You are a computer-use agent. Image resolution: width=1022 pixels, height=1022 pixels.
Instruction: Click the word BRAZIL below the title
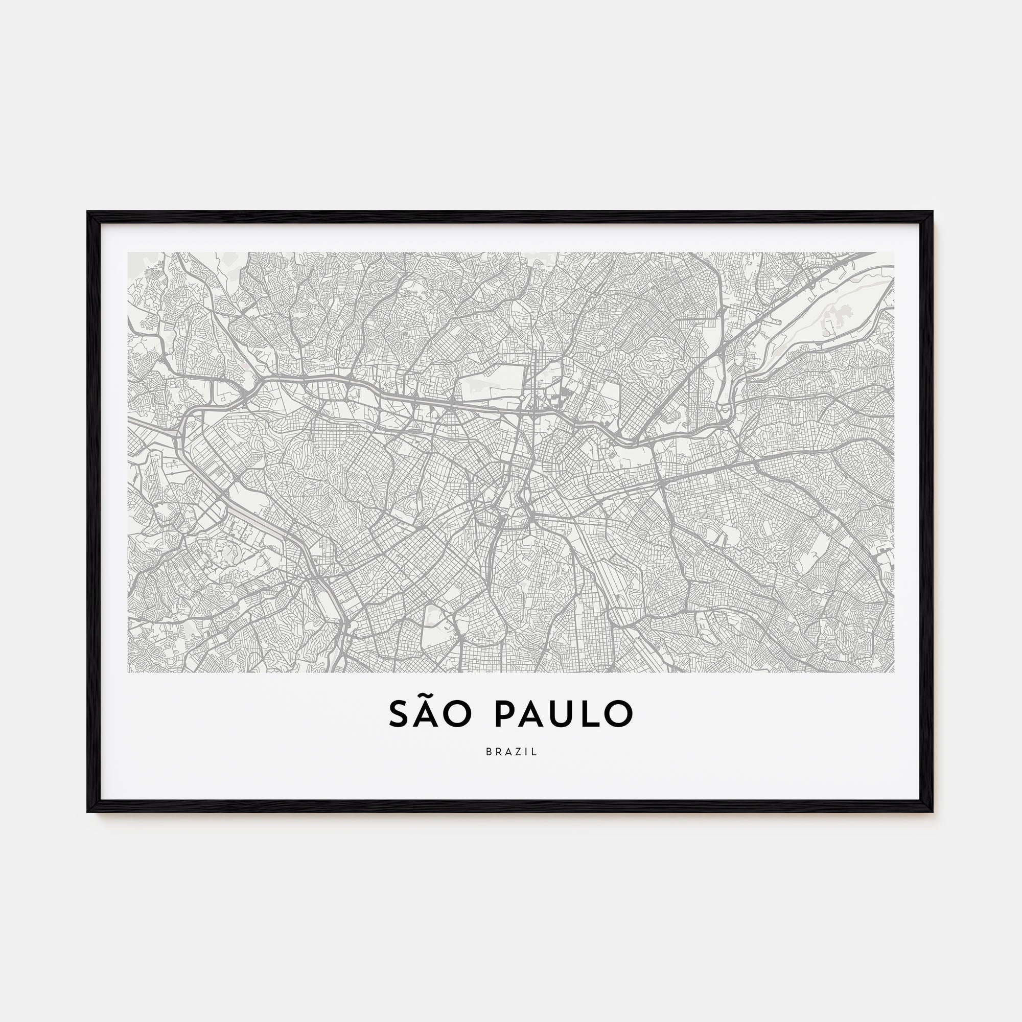(x=511, y=752)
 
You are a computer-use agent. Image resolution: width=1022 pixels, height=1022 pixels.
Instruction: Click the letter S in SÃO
(x=400, y=714)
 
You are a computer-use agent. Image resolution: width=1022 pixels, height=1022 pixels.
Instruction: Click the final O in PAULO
(x=618, y=714)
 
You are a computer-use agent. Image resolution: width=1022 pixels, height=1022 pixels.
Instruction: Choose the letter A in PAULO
(x=531, y=714)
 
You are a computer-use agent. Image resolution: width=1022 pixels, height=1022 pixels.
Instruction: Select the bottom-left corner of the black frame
(x=89, y=811)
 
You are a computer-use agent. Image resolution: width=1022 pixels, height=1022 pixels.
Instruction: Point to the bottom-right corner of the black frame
(x=932, y=811)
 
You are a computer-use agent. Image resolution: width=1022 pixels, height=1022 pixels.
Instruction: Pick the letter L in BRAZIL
(x=536, y=752)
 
